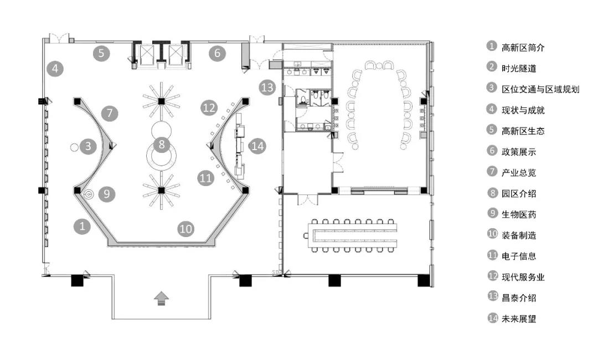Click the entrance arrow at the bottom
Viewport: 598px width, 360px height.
(x=161, y=298)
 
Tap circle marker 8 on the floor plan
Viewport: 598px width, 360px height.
(x=162, y=144)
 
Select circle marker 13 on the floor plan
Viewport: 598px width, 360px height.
(x=267, y=88)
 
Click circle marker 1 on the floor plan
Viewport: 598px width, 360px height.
(x=82, y=227)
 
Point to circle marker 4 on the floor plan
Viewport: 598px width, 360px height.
(x=55, y=69)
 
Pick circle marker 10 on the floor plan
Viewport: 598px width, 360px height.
(x=185, y=228)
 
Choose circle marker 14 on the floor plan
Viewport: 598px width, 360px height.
(x=257, y=146)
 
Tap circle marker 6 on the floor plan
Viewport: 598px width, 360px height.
(x=217, y=53)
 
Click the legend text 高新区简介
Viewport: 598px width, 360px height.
(x=523, y=48)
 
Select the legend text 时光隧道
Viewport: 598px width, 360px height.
(x=519, y=68)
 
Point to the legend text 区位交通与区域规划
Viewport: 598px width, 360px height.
(x=540, y=89)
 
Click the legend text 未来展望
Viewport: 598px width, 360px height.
(x=519, y=318)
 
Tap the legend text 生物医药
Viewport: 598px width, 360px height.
(x=519, y=214)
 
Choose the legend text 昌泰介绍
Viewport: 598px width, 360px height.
(x=519, y=298)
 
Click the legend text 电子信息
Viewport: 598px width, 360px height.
(x=519, y=256)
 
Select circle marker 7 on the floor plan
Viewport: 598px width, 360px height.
(x=110, y=113)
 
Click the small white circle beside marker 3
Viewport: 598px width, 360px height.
(x=74, y=147)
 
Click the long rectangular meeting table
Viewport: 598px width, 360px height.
(x=352, y=235)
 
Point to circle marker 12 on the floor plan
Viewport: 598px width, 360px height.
(x=209, y=108)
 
